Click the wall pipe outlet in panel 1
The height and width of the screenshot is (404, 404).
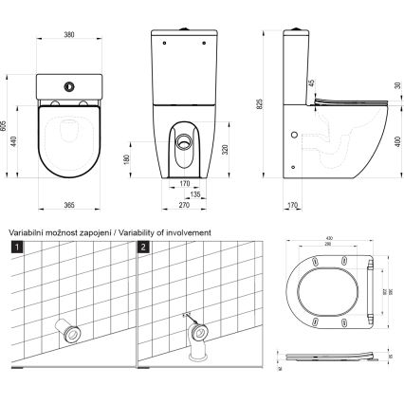pyautogui.click(x=67, y=333)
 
